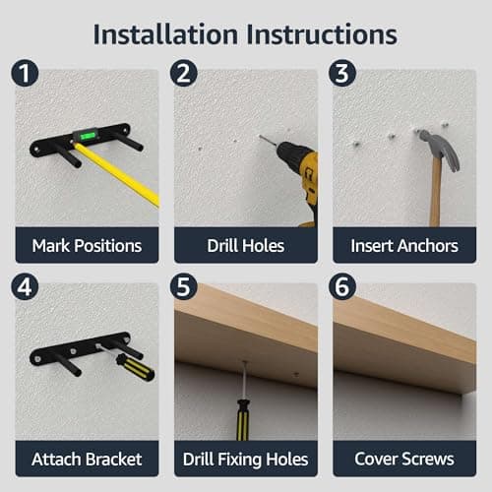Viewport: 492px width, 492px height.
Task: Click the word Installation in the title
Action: pyautogui.click(x=165, y=34)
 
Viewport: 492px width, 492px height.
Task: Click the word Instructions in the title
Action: pyautogui.click(x=322, y=34)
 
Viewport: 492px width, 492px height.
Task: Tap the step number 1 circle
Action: pyautogui.click(x=25, y=73)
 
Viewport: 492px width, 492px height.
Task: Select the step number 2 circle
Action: pyautogui.click(x=184, y=73)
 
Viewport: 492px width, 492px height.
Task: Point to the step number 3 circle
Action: pyautogui.click(x=342, y=73)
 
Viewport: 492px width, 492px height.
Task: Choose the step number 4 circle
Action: pyautogui.click(x=25, y=286)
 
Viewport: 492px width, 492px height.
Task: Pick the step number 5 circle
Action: pyautogui.click(x=184, y=286)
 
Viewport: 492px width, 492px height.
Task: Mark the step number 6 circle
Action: pyautogui.click(x=342, y=286)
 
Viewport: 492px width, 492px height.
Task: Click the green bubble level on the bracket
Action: pyautogui.click(x=87, y=135)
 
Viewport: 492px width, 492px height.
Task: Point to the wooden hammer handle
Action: pyautogui.click(x=436, y=194)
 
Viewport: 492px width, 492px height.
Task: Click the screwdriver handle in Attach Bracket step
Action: pyautogui.click(x=135, y=367)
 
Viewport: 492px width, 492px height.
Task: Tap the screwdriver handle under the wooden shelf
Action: pyautogui.click(x=243, y=420)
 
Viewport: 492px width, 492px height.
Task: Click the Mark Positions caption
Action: pyautogui.click(x=87, y=246)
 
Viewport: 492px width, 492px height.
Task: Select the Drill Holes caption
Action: pyautogui.click(x=246, y=246)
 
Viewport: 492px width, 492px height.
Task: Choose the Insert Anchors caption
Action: pyautogui.click(x=404, y=246)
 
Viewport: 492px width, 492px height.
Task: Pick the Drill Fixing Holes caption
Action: pyautogui.click(x=246, y=460)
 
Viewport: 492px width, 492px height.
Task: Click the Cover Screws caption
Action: pyautogui.click(x=404, y=459)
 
